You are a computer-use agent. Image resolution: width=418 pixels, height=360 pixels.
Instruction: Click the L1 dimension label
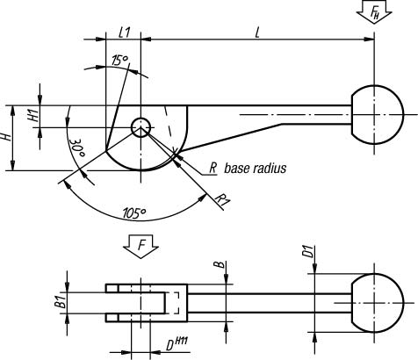pos(124,32)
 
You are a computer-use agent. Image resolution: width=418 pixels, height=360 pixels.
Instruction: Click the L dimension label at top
pos(257,32)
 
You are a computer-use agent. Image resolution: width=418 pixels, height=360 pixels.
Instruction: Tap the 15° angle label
pos(120,60)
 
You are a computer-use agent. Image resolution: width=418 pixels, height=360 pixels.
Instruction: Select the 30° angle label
pos(77,148)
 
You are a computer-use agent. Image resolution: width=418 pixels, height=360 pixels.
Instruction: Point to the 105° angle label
pos(133,212)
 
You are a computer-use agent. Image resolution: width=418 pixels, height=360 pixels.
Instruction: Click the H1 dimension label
pos(34,115)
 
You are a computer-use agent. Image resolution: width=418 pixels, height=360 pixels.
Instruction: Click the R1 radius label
pos(223,199)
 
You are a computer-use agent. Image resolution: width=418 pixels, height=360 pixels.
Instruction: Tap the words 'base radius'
pos(255,169)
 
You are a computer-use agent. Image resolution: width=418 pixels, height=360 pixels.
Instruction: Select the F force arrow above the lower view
pos(141,246)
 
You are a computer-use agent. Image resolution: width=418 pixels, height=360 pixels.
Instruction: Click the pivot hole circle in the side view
pos(141,127)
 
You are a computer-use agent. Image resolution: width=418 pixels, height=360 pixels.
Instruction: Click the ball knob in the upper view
pos(378,114)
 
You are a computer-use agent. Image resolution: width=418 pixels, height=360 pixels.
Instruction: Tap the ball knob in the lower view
pos(378,303)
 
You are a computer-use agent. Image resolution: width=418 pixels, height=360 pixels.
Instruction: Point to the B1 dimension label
pos(61,302)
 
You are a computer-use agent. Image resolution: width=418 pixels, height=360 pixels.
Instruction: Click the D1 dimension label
pos(308,252)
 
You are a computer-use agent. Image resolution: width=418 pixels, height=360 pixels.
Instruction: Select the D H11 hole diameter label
pos(177,344)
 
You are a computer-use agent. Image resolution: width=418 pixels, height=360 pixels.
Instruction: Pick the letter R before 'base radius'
pos(213,169)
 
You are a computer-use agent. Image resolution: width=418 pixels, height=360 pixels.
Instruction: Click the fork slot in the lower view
pos(141,303)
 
